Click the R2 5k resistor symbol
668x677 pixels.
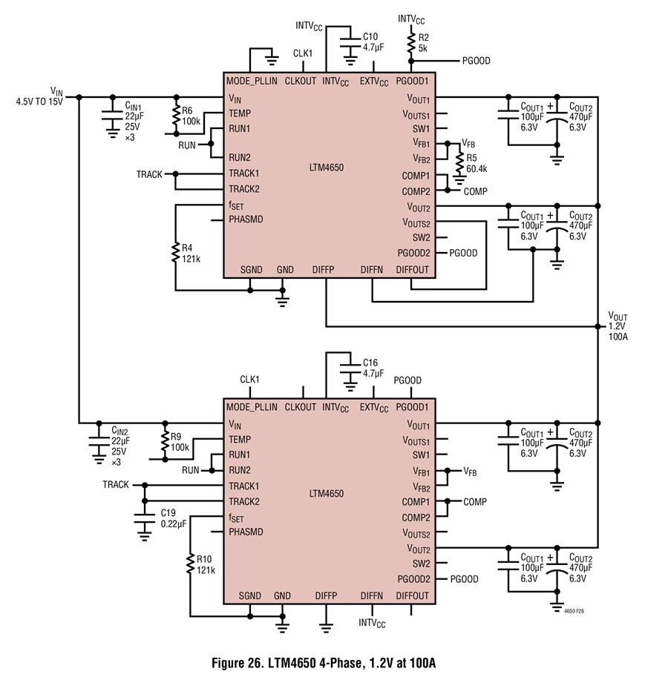411,42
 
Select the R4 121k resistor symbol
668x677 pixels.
175,253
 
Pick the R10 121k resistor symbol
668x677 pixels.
190,564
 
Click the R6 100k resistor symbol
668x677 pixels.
176,115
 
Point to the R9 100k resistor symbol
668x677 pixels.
165,440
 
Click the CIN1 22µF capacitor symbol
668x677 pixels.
113,115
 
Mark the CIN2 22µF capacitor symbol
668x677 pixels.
99,440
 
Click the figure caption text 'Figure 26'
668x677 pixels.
238,663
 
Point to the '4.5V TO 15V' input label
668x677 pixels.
39,102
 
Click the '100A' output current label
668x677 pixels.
618,337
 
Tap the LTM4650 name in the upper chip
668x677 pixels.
327,168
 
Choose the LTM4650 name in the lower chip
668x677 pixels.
327,494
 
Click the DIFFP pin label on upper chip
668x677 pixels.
323,270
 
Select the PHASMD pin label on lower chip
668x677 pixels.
246,532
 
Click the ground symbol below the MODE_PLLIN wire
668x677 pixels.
272,61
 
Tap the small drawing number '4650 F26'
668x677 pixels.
574,611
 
